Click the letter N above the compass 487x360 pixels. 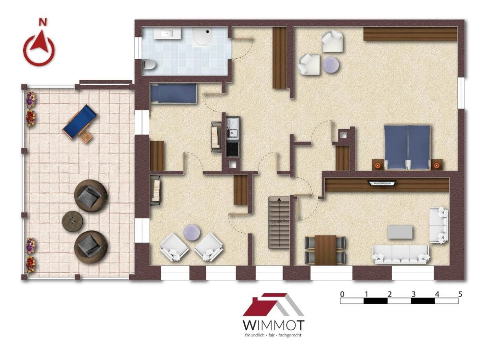[43, 22]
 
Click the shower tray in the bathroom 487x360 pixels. [202, 37]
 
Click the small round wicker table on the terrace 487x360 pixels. [72, 221]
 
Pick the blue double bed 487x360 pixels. [407, 147]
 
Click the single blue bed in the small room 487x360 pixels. [173, 93]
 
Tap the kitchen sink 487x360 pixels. [232, 132]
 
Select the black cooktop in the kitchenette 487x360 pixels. [233, 149]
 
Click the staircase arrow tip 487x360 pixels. [279, 198]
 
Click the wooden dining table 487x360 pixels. [325, 250]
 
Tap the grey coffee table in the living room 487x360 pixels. [400, 232]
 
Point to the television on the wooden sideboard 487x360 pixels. [382, 183]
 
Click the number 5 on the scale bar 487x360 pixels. [460, 294]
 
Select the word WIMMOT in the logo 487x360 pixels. [273, 325]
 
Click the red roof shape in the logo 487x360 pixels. [263, 304]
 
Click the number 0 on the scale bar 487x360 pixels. [342, 294]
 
